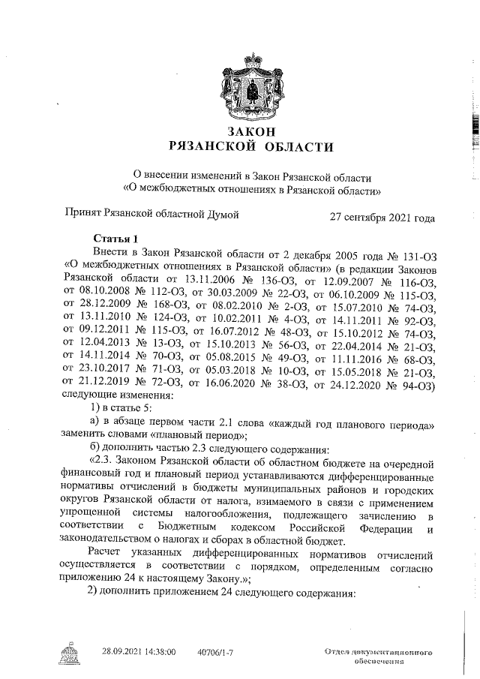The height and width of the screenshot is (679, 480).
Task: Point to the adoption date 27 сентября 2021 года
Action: tap(382, 218)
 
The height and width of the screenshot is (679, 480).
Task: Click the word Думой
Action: tap(223, 215)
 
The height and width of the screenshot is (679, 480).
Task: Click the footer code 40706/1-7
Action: tap(215, 652)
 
